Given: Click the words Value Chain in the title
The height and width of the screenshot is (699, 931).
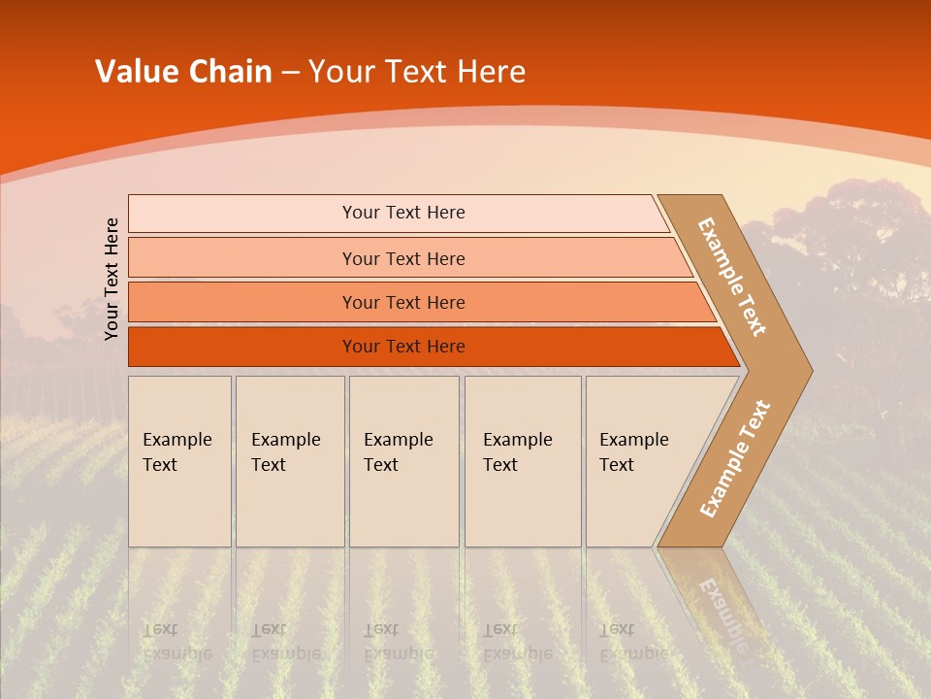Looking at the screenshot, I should point(183,72).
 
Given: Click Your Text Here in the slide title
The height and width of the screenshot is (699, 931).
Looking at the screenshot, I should point(417,72).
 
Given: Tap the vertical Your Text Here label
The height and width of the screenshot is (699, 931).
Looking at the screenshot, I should point(112,279).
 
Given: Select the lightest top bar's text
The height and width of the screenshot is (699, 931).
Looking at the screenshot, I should point(403,213).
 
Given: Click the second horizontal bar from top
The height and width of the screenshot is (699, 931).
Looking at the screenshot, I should point(403,258).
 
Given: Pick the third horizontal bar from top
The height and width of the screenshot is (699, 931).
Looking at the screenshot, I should point(403,303).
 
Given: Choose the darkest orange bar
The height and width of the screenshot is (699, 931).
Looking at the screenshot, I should point(403,347).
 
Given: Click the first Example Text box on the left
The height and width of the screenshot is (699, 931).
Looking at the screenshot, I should point(179,461).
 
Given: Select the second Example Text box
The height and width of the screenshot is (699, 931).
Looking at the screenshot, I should point(289,461).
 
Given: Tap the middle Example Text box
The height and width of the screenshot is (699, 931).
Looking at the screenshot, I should point(403,461).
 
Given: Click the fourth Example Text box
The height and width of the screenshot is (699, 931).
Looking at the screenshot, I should point(522,461).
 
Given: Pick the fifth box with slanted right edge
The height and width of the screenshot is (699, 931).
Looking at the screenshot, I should point(640,461).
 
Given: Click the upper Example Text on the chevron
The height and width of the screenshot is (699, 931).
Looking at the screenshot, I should point(732,277).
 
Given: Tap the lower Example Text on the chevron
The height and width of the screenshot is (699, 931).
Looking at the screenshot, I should point(735,458).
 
